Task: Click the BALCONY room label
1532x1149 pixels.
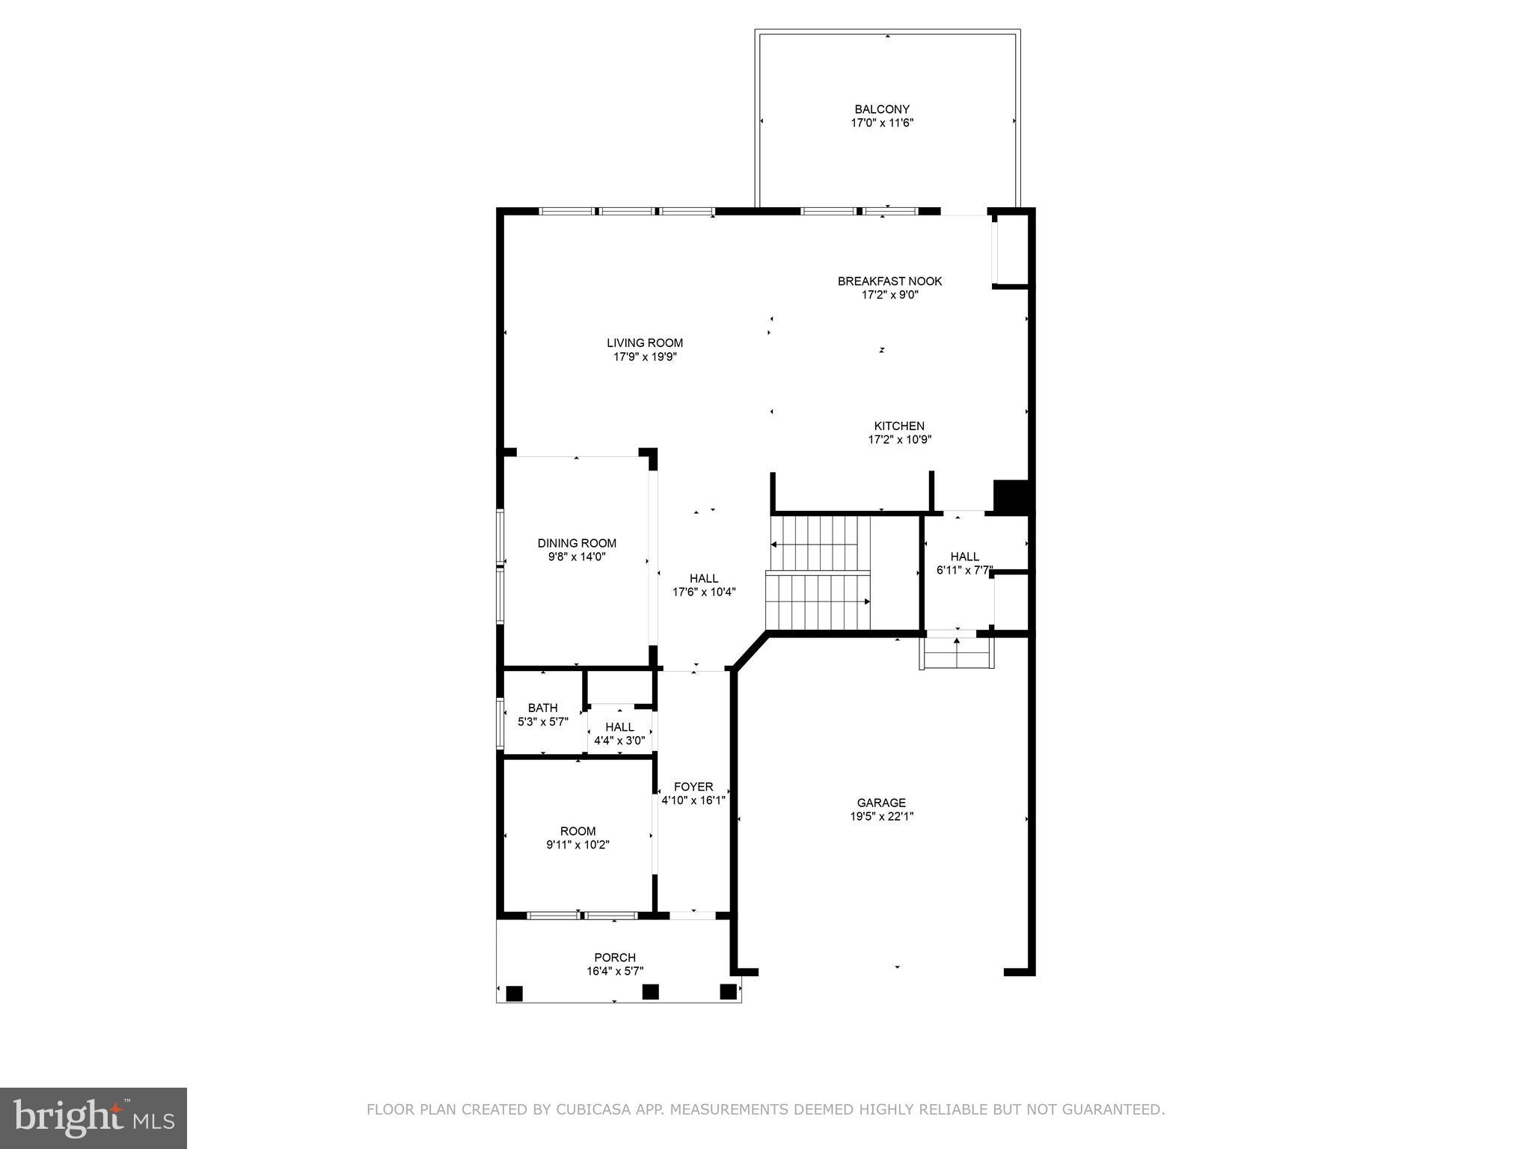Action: click(x=882, y=109)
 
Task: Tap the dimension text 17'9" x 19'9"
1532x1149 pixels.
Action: click(x=645, y=357)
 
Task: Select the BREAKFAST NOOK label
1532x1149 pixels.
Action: click(x=889, y=281)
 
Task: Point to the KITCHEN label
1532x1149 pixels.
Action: click(x=899, y=426)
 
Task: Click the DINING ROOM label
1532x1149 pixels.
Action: click(x=577, y=543)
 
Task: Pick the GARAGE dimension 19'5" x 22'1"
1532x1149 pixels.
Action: click(x=881, y=816)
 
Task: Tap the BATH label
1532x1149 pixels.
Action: click(x=542, y=708)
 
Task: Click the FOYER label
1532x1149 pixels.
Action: click(x=693, y=786)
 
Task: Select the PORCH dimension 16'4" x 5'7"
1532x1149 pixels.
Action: click(x=615, y=971)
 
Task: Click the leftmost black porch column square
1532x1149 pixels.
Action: click(x=514, y=993)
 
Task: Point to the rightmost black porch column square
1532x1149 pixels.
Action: click(x=728, y=991)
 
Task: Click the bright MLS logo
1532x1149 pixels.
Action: click(x=94, y=1118)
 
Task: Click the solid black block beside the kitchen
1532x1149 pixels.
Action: click(x=1011, y=496)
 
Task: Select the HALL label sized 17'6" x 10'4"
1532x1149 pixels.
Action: click(x=703, y=578)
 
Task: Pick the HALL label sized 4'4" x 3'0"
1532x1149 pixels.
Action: click(x=619, y=727)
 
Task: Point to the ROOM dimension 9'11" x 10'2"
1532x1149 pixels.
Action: click(x=577, y=845)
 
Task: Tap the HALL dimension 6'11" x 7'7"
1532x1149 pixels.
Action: click(x=963, y=570)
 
